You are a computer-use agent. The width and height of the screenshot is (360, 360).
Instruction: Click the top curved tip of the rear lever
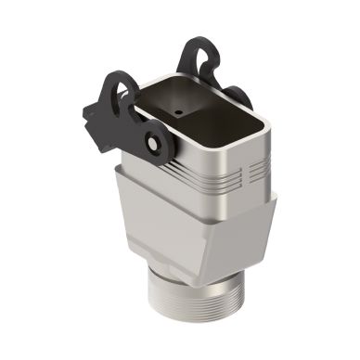(199, 39)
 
